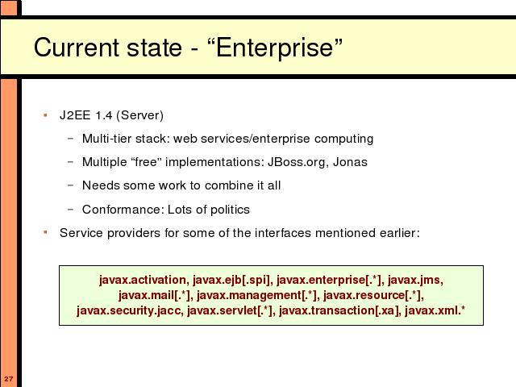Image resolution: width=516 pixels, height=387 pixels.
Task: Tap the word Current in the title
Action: (77, 48)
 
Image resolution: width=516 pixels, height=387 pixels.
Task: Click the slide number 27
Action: (9, 378)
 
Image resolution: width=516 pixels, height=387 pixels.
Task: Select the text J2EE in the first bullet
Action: (75, 115)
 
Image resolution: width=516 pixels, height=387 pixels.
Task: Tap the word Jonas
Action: (350, 162)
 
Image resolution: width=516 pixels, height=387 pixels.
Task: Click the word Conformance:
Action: (123, 210)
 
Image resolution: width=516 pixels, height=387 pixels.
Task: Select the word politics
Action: (230, 210)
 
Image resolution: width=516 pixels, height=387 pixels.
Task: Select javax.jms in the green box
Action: (415, 280)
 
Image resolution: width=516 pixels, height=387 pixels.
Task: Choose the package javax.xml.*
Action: (435, 310)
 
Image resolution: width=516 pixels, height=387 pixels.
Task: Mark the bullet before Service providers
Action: (45, 233)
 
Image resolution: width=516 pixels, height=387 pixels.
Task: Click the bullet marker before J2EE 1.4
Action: (45, 115)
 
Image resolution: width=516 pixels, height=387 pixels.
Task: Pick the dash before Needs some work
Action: (70, 185)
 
